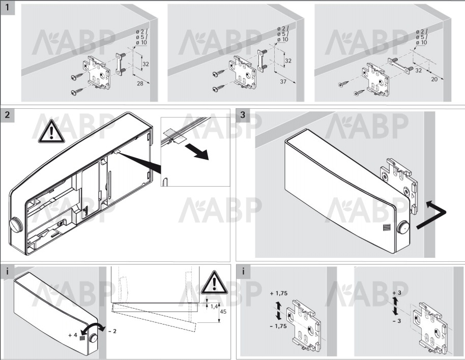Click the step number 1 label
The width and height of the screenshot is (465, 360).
click(7, 7)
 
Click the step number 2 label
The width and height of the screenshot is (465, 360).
click(7, 114)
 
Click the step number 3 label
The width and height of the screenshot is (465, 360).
click(243, 115)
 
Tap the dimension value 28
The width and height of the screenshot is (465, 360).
click(140, 83)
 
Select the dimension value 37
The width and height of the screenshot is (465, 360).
click(283, 81)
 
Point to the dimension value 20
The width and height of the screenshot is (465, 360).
click(434, 79)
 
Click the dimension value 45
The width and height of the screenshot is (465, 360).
click(223, 311)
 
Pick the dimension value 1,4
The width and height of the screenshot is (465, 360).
click(214, 307)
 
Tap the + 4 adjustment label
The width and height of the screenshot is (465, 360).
click(73, 335)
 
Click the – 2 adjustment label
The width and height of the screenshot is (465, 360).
click(112, 331)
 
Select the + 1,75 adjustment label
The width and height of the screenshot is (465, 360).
click(279, 293)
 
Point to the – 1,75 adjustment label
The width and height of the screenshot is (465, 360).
click(278, 326)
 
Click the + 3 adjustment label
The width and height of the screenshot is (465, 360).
click(397, 293)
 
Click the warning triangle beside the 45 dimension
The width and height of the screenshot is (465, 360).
click(214, 282)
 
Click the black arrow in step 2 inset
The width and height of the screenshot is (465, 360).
click(197, 151)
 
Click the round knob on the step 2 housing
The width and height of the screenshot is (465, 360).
click(16, 225)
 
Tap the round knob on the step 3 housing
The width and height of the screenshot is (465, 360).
click(403, 227)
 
